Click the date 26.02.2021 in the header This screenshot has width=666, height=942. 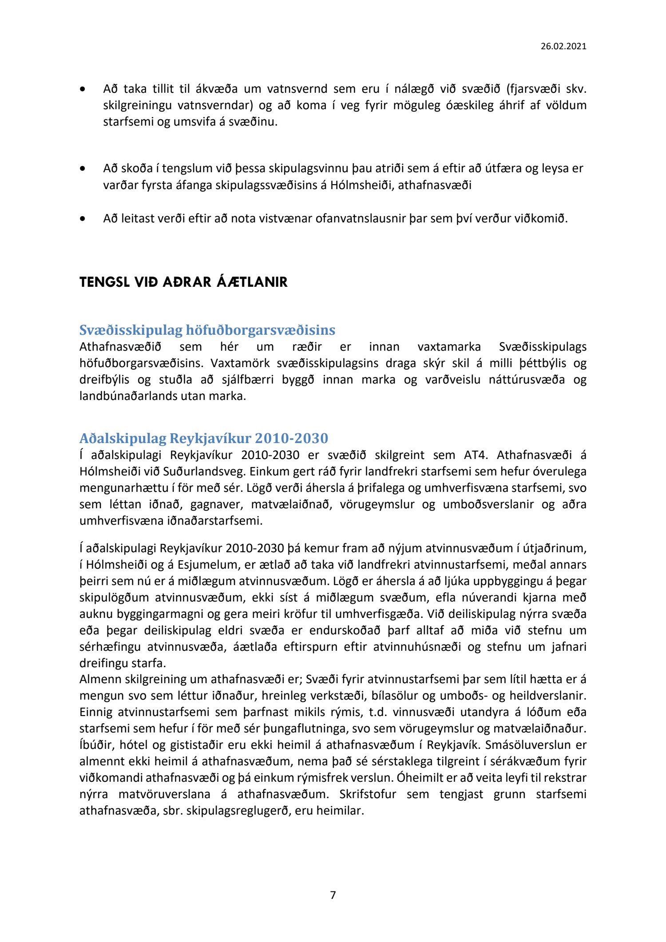coord(563,46)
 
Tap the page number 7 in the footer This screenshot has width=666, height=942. coord(333,895)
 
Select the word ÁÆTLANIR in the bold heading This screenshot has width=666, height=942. coord(252,282)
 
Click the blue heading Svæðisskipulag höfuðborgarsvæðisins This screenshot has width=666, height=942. coord(207,330)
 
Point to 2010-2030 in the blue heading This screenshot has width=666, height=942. coord(291,438)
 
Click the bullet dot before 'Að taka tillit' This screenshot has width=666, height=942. coord(83,89)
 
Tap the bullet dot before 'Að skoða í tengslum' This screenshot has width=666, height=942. coord(83,169)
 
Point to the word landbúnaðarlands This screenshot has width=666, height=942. coord(128,396)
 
